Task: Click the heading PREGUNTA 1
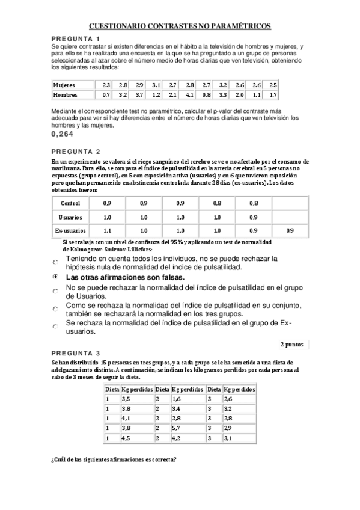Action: pos(75,39)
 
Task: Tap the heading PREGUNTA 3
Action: pos(75,352)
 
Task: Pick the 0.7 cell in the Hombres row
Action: pos(106,95)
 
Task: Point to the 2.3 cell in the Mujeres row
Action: pos(106,85)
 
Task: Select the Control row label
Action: pos(70,203)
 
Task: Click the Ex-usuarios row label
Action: pos(70,230)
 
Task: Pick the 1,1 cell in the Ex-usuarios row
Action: pos(108,230)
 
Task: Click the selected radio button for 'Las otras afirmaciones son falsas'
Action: pos(55,277)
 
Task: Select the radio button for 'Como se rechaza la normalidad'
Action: pos(55,307)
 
